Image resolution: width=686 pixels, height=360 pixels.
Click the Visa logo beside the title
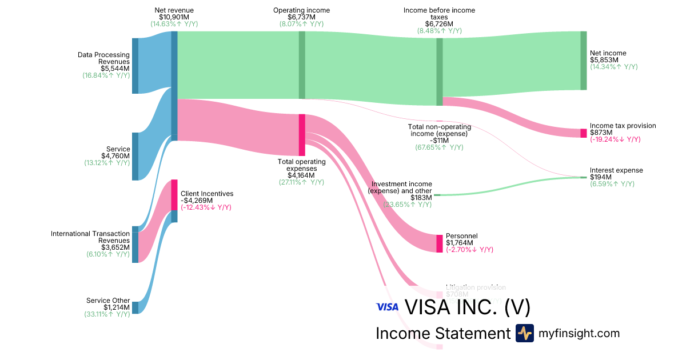coord(387,307)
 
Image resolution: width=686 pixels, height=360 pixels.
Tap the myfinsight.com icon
coord(524,333)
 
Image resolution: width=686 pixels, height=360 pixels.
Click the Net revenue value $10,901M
coord(174,18)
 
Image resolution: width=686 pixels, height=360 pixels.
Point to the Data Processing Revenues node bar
coord(135,66)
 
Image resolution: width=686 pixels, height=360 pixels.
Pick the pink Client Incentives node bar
coord(174,195)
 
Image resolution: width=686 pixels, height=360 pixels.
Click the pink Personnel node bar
coord(440,243)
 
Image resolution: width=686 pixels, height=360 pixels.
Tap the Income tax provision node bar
coord(583,133)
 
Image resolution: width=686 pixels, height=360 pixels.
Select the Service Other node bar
coord(135,307)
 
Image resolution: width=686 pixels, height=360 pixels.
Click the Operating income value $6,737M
coord(301,18)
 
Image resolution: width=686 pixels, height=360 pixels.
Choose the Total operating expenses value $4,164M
coord(301,175)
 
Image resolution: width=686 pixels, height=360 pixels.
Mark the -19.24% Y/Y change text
coord(615,139)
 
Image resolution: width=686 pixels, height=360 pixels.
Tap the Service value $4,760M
coord(115,156)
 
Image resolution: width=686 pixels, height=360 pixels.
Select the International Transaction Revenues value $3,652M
coord(115,247)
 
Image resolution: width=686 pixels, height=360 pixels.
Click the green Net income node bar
coord(583,60)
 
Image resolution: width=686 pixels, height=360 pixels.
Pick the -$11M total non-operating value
coord(439,141)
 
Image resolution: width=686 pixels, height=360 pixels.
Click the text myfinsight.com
coord(579,333)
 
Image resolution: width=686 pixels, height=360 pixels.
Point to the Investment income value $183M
coord(421,198)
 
